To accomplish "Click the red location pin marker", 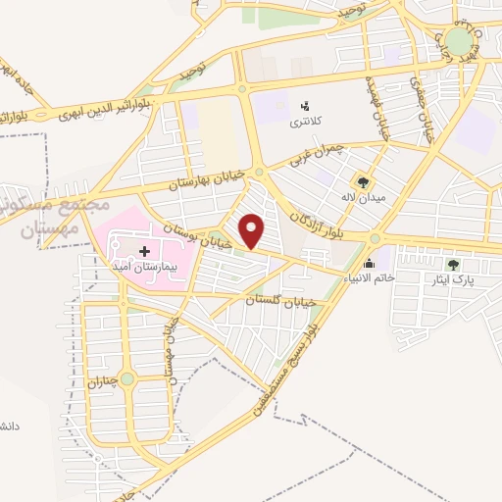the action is click(253, 230).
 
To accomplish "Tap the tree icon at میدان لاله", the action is click(363, 182).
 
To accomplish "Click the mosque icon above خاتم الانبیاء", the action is click(369, 263).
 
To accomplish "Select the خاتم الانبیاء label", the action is click(369, 278).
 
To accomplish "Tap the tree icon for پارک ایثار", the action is click(452, 265).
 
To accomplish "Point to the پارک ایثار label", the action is click(452, 280).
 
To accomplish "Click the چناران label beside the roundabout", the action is click(125, 379).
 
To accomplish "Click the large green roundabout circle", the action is click(458, 42).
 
